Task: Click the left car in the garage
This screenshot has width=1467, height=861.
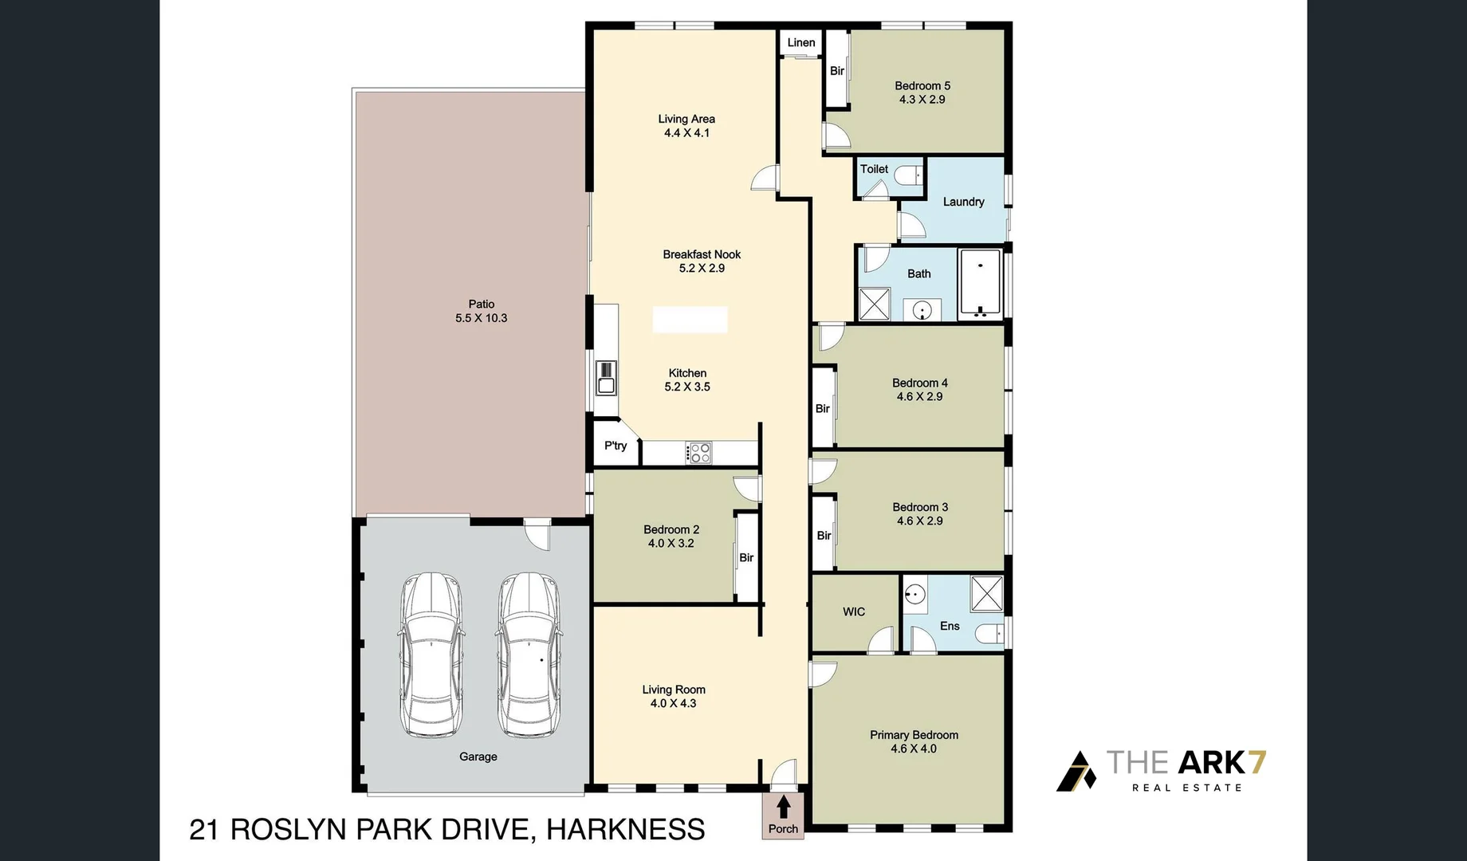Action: pyautogui.click(x=431, y=655)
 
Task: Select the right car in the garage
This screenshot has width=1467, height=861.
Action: pyautogui.click(x=529, y=655)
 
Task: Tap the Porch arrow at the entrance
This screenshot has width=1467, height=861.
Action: pyautogui.click(x=783, y=807)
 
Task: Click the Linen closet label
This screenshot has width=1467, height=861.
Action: pyautogui.click(x=801, y=43)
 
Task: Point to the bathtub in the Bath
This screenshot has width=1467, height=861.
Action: pyautogui.click(x=981, y=284)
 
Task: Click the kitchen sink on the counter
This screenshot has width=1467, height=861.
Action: pyautogui.click(x=607, y=378)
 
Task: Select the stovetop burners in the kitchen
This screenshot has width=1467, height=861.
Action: pyautogui.click(x=699, y=453)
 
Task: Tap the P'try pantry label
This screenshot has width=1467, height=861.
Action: pyautogui.click(x=616, y=446)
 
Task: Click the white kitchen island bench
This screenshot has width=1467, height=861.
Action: pyautogui.click(x=690, y=319)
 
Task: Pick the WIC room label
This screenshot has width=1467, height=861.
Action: pyautogui.click(x=854, y=611)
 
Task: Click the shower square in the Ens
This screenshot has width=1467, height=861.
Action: pyautogui.click(x=986, y=593)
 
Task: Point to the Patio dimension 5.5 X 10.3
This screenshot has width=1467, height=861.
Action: pyautogui.click(x=481, y=318)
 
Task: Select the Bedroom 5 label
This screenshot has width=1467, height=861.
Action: pyautogui.click(x=922, y=86)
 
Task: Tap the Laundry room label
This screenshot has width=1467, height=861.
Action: pyautogui.click(x=963, y=202)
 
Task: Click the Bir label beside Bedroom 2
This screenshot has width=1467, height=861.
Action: pyautogui.click(x=746, y=558)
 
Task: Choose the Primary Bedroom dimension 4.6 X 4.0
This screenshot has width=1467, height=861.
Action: pyautogui.click(x=914, y=749)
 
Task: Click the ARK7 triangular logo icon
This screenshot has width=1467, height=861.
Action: pyautogui.click(x=1077, y=771)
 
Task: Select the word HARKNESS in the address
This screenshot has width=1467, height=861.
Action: pyautogui.click(x=626, y=830)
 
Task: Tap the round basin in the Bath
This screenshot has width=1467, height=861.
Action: pyautogui.click(x=922, y=309)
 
